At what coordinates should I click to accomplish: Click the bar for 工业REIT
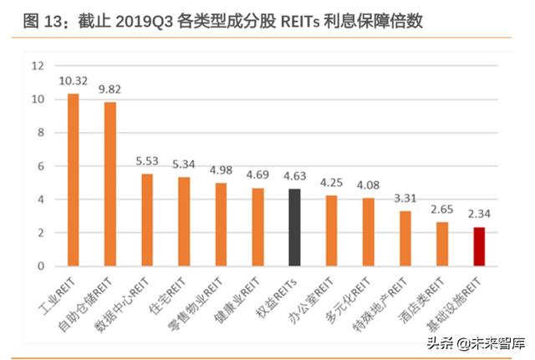tap(73, 180)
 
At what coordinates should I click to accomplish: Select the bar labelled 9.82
tap(110, 184)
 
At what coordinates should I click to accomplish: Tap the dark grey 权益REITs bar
tap(293, 227)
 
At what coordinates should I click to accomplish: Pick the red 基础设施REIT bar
tap(479, 246)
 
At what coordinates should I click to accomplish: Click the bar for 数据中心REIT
tap(147, 220)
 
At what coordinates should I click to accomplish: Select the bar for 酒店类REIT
tap(442, 244)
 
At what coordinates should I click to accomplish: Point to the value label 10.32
tap(74, 81)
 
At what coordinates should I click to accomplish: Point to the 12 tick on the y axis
tap(37, 66)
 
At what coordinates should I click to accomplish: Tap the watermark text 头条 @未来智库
tap(473, 342)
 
